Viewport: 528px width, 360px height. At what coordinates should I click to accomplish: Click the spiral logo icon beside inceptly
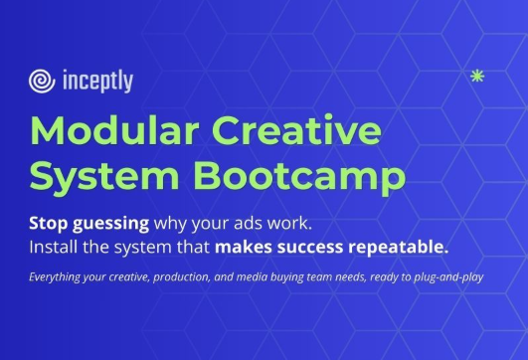43,81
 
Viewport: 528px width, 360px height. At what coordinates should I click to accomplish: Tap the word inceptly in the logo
96,81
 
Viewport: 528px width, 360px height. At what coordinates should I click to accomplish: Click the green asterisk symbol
476,76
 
